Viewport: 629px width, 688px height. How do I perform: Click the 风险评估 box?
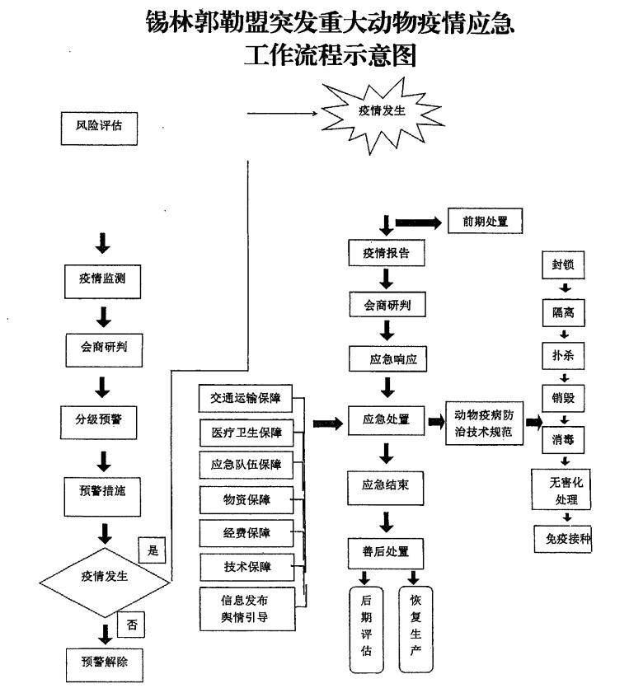pos(98,128)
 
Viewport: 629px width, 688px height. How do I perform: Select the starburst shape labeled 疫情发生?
pos(382,111)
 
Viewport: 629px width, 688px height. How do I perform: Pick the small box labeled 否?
pos(131,625)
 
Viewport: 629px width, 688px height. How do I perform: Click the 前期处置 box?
pos(486,222)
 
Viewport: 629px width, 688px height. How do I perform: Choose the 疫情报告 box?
pos(387,253)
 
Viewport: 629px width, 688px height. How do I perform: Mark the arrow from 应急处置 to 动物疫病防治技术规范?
pos(437,422)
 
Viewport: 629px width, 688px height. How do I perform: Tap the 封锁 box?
pos(564,265)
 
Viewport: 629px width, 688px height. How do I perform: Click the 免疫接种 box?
pos(564,539)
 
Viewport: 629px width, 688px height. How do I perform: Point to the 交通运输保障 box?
pos(245,399)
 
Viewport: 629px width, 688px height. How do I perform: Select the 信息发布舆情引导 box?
pos(244,608)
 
